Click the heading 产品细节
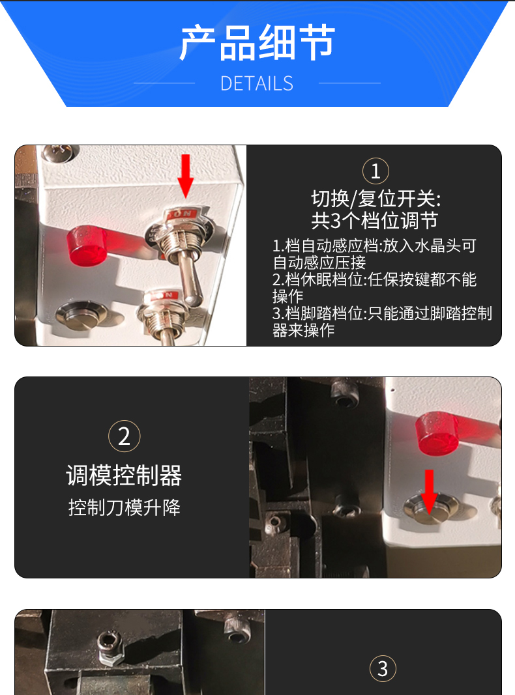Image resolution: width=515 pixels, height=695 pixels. click(257, 42)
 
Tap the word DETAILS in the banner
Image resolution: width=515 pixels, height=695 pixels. click(257, 83)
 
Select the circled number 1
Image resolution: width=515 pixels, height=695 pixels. click(375, 171)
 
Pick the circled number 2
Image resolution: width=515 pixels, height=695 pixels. click(125, 436)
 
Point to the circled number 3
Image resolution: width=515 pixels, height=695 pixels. click(383, 669)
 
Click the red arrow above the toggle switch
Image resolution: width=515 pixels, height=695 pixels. click(185, 176)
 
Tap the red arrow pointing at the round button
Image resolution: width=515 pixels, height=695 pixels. click(429, 492)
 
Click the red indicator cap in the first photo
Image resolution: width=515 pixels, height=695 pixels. click(87, 246)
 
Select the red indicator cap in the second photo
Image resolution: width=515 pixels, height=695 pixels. click(437, 434)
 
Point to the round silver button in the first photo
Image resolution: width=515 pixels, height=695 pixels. click(81, 315)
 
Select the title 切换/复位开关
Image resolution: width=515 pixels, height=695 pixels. click(375, 199)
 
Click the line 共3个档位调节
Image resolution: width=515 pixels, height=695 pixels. click(375, 220)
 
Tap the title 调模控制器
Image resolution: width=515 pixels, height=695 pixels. click(125, 475)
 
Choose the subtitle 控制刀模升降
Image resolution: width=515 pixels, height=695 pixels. click(125, 507)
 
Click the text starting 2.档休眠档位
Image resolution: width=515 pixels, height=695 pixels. click(374, 288)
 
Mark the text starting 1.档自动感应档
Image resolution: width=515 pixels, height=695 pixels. click(374, 254)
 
